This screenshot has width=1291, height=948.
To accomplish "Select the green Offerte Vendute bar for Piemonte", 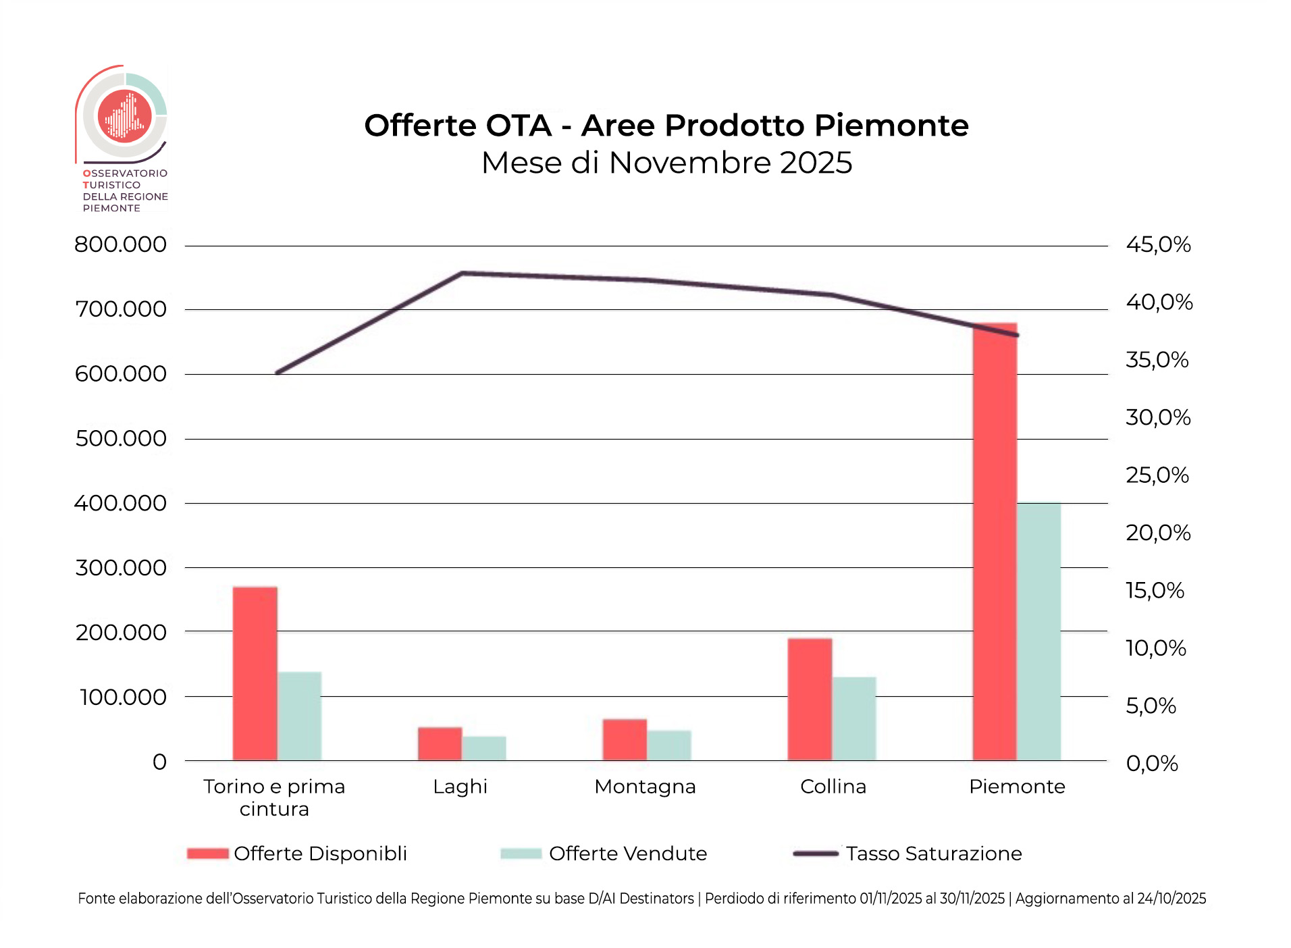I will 1038,631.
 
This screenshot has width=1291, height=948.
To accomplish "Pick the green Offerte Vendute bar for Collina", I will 853,718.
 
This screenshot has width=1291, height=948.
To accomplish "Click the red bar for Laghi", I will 440,743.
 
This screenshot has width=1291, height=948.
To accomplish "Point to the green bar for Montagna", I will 668,745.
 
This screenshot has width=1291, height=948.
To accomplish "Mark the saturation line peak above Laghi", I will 463,273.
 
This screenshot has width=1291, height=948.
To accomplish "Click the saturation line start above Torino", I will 278,372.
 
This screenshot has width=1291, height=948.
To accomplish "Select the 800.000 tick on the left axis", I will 120,244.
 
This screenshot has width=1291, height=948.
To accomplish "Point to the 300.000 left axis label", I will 120,568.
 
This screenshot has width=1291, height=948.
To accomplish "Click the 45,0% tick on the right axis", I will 1158,244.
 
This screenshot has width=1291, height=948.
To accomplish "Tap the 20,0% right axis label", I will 1158,533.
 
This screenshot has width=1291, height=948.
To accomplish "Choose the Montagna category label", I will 645,787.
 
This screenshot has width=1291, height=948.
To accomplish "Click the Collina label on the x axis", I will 833,787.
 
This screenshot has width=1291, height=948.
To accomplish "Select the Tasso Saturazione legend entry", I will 934,853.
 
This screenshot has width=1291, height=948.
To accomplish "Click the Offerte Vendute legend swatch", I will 521,853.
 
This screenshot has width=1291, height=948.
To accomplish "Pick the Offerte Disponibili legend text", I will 320,853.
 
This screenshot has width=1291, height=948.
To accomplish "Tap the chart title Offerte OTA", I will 666,126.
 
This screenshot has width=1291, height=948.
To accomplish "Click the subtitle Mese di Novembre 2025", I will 666,163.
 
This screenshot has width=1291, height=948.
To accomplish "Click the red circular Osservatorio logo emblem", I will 125,116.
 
